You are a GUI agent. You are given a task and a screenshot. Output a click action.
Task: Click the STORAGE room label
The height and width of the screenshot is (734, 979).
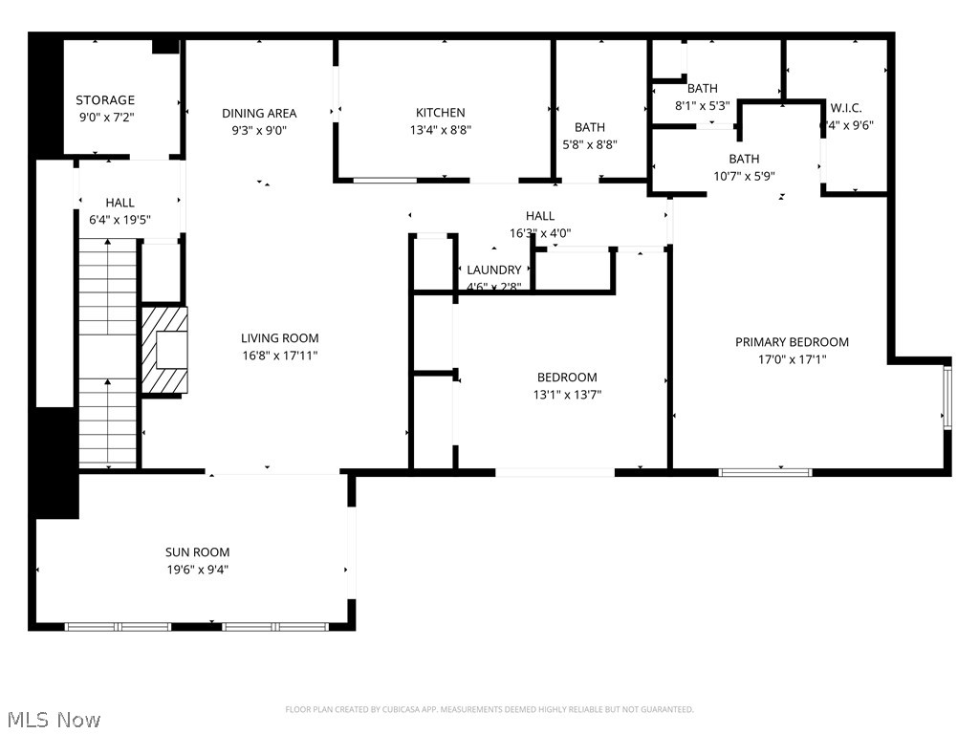[x=105, y=99]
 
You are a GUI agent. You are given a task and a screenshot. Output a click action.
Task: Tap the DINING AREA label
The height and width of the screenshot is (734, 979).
[x=259, y=113]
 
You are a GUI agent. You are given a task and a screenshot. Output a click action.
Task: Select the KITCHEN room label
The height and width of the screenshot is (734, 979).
[x=440, y=113]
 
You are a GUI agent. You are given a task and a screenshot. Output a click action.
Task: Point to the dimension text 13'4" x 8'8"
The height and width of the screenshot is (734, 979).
[x=440, y=130]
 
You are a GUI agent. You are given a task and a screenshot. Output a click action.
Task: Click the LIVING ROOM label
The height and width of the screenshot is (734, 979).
[x=279, y=338]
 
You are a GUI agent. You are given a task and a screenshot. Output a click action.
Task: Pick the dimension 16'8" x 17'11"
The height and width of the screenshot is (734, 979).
[x=279, y=356]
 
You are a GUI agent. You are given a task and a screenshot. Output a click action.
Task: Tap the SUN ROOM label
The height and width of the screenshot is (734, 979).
[x=197, y=552]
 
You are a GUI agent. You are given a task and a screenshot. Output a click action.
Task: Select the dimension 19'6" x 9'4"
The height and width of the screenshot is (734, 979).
[x=197, y=570]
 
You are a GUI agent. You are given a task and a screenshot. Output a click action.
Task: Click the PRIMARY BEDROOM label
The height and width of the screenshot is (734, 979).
[x=792, y=342]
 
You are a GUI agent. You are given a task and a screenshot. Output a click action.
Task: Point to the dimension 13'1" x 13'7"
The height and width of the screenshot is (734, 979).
[x=567, y=395]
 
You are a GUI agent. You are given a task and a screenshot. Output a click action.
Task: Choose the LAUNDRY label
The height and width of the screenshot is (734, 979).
[x=494, y=270]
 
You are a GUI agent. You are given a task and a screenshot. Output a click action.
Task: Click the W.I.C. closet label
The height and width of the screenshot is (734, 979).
[x=846, y=108]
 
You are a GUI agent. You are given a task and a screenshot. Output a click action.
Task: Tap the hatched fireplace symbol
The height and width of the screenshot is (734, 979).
[x=165, y=349]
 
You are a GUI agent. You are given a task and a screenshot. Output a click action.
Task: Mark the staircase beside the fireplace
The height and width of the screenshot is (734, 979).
[x=108, y=354]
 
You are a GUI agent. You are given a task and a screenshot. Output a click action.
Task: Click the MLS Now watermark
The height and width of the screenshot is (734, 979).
[x=53, y=719]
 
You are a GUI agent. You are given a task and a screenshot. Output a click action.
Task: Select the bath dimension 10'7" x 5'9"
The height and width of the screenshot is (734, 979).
[x=745, y=176]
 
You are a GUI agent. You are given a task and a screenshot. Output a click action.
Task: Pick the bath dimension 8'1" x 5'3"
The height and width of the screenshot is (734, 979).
[x=702, y=106]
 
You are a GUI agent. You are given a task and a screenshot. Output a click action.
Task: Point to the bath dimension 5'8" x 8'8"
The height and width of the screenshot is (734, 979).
[x=590, y=145]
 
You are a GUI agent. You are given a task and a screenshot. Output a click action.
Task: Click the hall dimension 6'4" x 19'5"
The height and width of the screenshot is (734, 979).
[x=120, y=220]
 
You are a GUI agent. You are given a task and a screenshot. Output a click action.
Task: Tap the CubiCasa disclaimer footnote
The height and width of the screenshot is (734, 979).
[x=489, y=709]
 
